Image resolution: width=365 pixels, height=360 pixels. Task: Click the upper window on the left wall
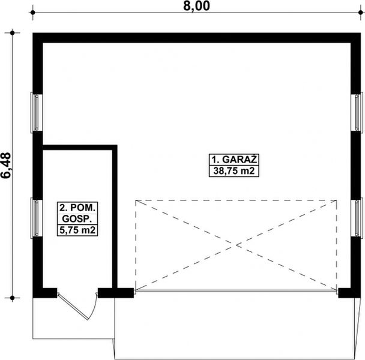click(36, 112)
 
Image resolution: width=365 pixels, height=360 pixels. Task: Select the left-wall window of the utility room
click(36, 220)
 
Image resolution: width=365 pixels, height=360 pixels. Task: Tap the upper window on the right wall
click(358, 112)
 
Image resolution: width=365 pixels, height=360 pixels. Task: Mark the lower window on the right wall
click(358, 220)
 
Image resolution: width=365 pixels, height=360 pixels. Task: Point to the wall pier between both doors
click(116, 293)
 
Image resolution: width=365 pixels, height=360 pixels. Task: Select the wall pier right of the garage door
click(346, 293)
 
